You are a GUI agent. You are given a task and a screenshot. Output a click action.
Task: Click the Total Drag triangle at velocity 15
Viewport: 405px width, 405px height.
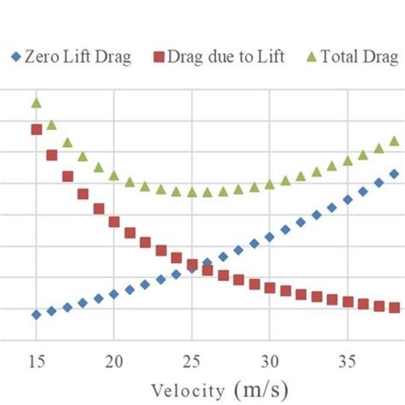[x=36, y=103]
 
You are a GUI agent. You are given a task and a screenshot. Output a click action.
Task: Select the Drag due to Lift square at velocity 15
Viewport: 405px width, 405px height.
[x=36, y=130]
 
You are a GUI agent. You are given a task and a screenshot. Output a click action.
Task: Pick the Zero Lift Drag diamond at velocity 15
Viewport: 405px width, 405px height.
[x=36, y=314]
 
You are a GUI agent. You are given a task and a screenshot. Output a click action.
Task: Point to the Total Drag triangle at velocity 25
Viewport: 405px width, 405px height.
[x=192, y=192]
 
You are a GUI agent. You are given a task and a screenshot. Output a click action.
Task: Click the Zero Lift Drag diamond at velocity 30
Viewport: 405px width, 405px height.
[x=270, y=237]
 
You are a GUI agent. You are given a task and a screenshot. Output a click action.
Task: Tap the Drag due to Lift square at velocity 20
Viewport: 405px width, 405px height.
[x=114, y=221]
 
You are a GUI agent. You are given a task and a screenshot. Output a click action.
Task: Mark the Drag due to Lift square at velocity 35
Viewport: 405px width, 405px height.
[x=348, y=302]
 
